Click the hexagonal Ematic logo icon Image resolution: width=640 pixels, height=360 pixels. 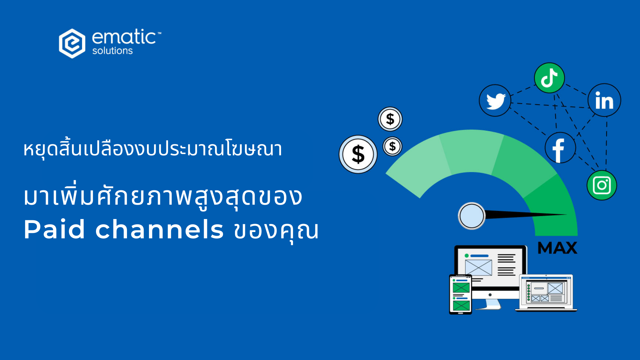pos(72,43)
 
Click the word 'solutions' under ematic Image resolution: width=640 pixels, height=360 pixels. pos(112,51)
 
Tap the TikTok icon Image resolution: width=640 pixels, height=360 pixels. pos(549,78)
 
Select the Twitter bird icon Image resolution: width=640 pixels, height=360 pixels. pos(495,100)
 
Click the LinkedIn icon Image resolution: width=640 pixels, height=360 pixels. pos(604,100)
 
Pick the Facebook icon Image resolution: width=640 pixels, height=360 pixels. pos(560,148)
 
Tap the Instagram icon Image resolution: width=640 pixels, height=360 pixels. pos(602,185)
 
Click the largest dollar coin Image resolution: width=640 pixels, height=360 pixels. pos(358,154)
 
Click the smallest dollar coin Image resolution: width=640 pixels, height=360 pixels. pos(392,146)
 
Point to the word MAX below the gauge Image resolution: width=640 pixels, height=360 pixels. pos(557,248)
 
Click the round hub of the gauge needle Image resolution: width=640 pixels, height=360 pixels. pos(472,216)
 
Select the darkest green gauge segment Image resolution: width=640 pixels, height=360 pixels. pos(553,207)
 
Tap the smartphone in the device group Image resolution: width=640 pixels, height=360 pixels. pos(460,294)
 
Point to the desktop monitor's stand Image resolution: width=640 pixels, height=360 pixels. pos(490,304)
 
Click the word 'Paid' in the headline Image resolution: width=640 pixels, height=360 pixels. pos(54,229)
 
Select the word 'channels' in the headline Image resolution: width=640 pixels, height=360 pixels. pos(159,229)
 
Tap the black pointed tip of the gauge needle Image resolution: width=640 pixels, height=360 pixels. pos(567,215)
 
